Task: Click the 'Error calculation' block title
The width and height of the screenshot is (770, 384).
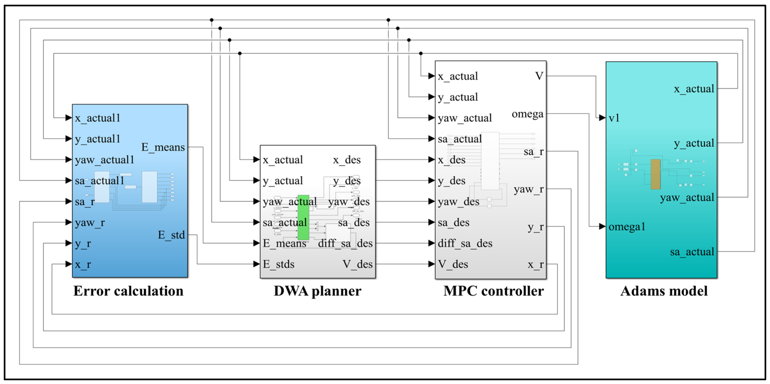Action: tap(128, 291)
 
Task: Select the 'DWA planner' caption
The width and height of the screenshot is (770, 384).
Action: tap(317, 291)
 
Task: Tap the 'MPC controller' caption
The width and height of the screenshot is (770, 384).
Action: tap(494, 291)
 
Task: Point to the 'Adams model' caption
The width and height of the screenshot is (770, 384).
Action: tap(664, 291)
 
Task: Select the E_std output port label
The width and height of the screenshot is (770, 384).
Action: tap(171, 235)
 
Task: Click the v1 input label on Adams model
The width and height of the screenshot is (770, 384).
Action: tap(614, 118)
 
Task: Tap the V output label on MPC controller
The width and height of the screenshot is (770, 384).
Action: tap(539, 76)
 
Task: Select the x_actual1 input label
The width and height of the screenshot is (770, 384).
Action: tap(97, 118)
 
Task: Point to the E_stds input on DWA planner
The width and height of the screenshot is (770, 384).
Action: tap(279, 264)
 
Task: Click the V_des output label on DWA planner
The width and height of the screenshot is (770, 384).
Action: tap(358, 264)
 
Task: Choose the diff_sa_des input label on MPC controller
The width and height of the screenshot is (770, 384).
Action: tap(465, 243)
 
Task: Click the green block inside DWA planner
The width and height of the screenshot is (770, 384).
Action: tap(303, 217)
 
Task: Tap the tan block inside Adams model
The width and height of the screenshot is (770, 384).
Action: tap(655, 174)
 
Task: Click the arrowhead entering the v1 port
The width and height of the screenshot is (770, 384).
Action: tap(602, 118)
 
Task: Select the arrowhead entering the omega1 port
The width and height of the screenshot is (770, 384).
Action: tap(602, 226)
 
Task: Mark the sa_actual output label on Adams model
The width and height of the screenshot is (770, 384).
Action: tap(692, 252)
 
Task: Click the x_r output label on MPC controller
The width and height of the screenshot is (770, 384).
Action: tap(535, 265)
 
